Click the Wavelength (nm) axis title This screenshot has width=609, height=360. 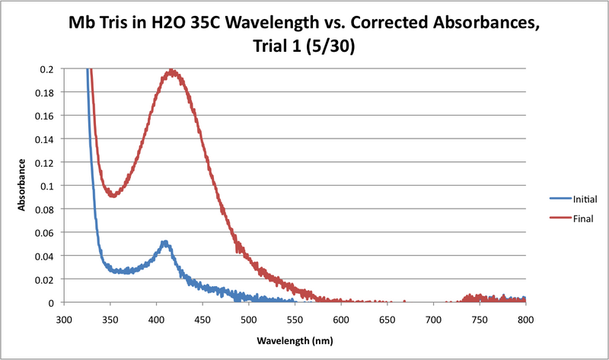[x=295, y=339]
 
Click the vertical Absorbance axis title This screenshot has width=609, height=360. [x=22, y=185]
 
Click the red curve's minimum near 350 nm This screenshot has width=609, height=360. [x=113, y=195]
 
